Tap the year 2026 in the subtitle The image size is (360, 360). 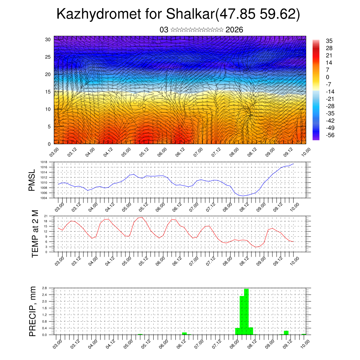point(234,30)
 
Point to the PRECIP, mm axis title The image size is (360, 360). point(33,311)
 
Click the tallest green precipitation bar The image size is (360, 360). point(246,311)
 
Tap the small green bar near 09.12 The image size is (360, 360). point(286,333)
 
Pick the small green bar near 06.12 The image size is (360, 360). point(184,333)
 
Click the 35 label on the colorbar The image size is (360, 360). point(329,41)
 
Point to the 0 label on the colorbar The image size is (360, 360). point(328,77)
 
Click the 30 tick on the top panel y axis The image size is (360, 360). point(47,39)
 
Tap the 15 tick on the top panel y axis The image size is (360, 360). point(47,92)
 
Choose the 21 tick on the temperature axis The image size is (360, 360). point(46,216)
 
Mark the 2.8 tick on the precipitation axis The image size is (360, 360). point(45,288)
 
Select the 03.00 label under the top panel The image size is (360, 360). point(53,153)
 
